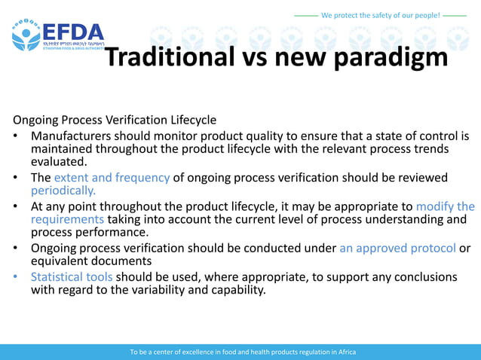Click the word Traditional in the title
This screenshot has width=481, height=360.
pyautogui.click(x=169, y=56)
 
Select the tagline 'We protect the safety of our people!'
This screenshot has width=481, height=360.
pyautogui.click(x=380, y=14)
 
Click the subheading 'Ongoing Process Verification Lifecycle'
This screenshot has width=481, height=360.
pyautogui.click(x=115, y=120)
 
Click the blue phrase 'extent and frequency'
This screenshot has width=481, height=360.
pyautogui.click(x=112, y=178)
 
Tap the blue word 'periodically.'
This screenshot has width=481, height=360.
pyautogui.click(x=63, y=191)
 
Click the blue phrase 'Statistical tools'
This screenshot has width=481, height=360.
pyautogui.click(x=72, y=276)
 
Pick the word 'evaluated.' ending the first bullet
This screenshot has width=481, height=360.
pyautogui.click(x=59, y=161)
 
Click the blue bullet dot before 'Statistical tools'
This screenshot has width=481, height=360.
pyautogui.click(x=16, y=277)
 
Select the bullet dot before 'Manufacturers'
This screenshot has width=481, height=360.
pyautogui.click(x=16, y=137)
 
